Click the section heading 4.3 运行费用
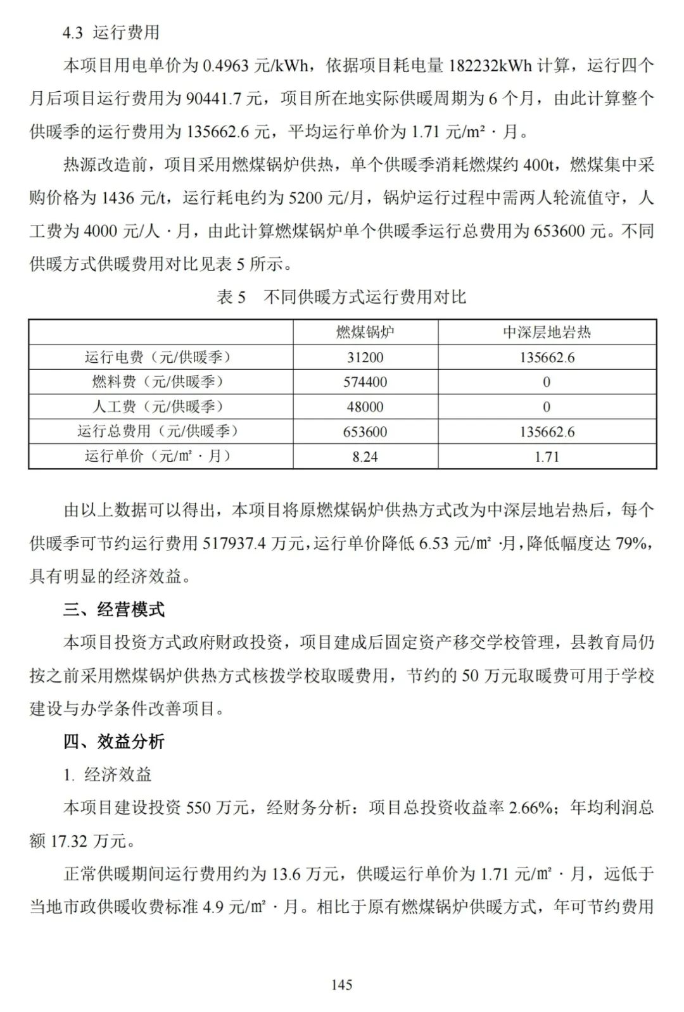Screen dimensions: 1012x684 [x=111, y=32]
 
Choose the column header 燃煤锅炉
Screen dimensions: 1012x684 [x=365, y=332]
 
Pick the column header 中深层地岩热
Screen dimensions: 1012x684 [x=547, y=332]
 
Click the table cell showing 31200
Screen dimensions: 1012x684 [x=365, y=357]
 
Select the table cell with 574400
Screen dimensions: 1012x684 [x=365, y=382]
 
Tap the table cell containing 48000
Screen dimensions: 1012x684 [x=365, y=407]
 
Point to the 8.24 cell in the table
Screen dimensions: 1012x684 [x=365, y=457]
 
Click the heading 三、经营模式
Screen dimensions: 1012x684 [x=114, y=610]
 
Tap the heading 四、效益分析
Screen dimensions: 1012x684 [x=114, y=742]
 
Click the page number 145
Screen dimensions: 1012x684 [x=341, y=984]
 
